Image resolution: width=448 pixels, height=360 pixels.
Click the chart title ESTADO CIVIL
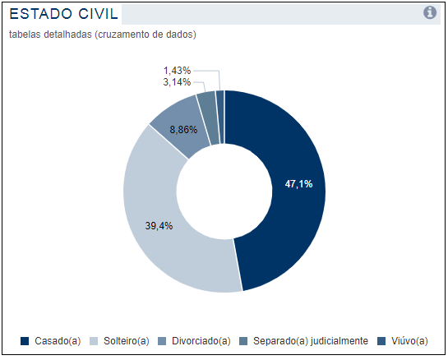coord(64,14)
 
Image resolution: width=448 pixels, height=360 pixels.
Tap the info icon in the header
coord(430,12)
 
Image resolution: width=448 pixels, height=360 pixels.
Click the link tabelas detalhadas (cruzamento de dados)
coord(103,35)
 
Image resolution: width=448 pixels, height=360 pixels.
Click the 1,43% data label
coord(177,71)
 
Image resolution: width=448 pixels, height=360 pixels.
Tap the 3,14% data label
coord(177,82)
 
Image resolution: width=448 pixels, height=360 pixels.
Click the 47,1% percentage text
coord(298,184)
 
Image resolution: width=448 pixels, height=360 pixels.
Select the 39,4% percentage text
coord(159,226)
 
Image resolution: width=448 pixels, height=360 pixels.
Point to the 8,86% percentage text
coord(183,130)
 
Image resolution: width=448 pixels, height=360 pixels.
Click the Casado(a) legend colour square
coord(25,341)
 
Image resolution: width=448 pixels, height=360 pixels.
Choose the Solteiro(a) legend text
coord(127,341)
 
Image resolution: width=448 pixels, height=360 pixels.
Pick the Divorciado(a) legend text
coord(201,341)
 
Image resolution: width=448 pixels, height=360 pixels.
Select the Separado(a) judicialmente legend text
coord(311,341)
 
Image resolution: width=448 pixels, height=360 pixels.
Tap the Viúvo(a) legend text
coord(409,341)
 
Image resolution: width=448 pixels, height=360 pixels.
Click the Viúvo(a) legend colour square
coord(381,341)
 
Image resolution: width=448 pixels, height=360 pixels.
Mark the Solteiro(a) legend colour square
coord(94,341)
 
